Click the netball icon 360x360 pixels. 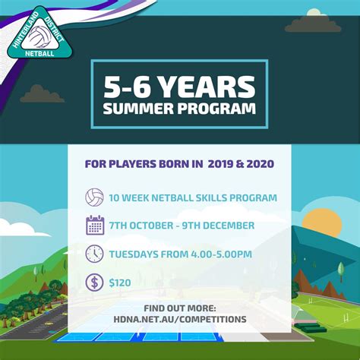[95, 198]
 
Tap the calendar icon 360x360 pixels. [95, 226]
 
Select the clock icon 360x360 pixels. [95, 253]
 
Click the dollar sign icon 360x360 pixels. [95, 281]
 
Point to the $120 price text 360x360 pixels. [120, 282]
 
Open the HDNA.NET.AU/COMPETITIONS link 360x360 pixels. [179, 319]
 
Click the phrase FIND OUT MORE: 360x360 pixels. [179, 308]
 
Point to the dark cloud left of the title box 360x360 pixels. [42, 94]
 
